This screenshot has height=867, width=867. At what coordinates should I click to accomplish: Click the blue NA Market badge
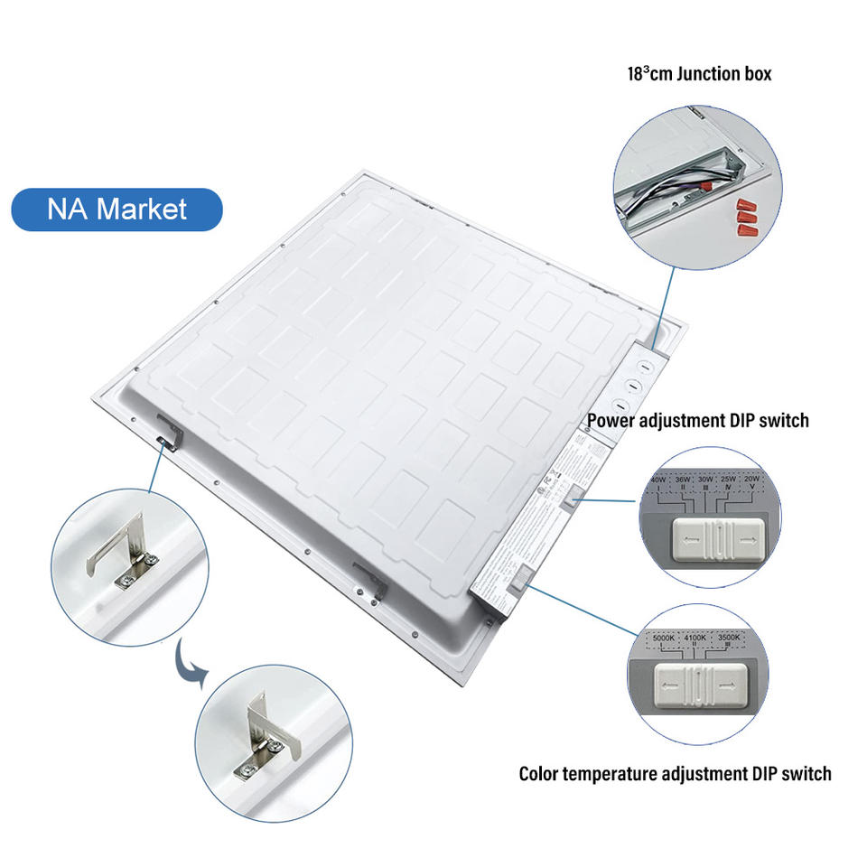click(117, 210)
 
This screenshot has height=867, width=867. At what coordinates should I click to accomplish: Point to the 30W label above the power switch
click(705, 479)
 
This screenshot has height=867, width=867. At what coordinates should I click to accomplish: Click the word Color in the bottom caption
click(540, 774)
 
